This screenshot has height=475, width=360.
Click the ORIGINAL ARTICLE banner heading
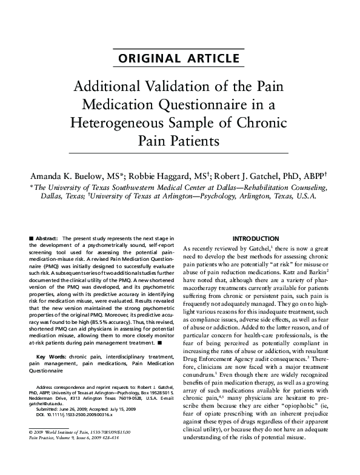pos(179,59)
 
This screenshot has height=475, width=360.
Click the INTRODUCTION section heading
pos(256,239)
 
